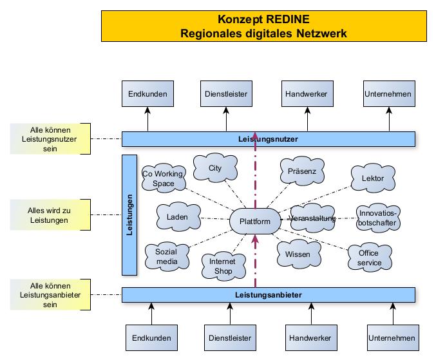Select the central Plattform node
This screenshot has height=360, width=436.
(x=255, y=222)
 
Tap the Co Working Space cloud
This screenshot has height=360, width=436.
(x=164, y=178)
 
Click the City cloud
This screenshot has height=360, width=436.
(x=215, y=169)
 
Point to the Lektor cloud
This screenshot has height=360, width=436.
(x=373, y=178)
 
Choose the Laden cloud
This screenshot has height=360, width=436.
(x=176, y=217)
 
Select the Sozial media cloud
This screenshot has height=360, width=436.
(x=166, y=256)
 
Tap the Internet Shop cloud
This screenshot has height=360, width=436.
(x=222, y=265)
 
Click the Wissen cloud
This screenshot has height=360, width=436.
(x=298, y=254)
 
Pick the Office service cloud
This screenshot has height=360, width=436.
(x=369, y=257)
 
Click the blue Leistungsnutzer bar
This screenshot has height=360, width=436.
(x=269, y=138)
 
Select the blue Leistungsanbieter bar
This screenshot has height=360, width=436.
(x=269, y=295)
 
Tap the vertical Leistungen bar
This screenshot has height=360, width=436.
(x=129, y=214)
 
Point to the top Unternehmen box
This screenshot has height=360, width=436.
(x=388, y=94)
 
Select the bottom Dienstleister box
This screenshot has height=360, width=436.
(x=229, y=337)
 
